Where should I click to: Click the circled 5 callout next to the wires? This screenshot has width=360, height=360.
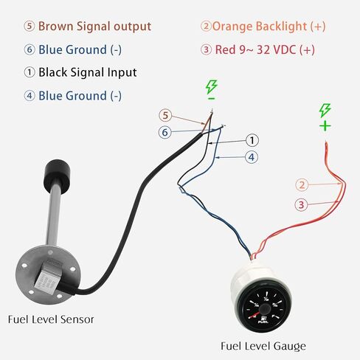(165, 116)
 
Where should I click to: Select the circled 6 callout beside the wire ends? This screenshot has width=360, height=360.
(165, 132)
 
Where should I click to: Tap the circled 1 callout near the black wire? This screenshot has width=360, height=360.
(252, 140)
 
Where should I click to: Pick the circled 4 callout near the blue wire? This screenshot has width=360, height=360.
(252, 157)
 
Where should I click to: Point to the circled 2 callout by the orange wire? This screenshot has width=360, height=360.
(302, 184)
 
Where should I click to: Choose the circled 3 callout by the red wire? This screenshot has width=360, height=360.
(301, 204)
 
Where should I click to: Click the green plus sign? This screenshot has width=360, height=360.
(325, 126)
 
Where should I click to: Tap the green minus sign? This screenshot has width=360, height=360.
(211, 99)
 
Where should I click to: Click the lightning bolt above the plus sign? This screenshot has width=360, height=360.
(325, 110)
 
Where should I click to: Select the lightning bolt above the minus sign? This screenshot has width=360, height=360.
(212, 87)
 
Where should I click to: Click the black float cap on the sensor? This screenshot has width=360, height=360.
(58, 174)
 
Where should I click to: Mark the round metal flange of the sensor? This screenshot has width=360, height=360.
(48, 271)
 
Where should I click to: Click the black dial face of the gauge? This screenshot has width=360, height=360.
(263, 309)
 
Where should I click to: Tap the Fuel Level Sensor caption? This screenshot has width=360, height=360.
(51, 319)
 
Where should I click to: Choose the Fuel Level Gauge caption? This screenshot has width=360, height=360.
(263, 346)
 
